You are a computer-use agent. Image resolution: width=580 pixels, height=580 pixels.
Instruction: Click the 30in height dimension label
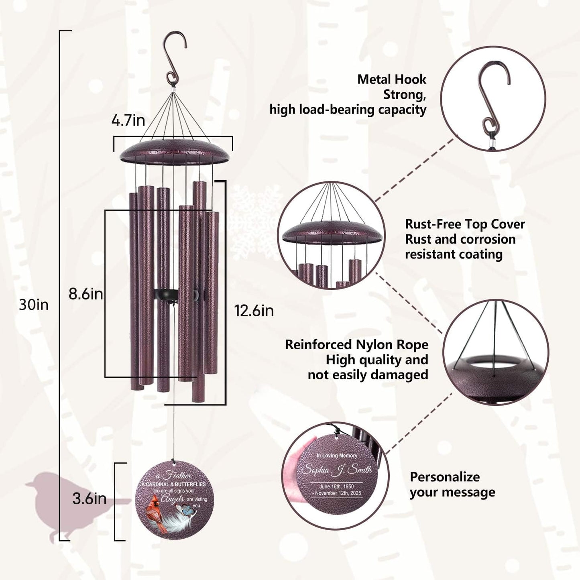point(34,305)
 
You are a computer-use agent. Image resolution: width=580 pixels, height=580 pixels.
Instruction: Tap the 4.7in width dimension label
point(128,120)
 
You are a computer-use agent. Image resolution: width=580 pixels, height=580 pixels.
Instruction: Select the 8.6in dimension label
point(85,294)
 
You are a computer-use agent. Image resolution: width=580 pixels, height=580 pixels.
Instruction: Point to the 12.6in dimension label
point(254,310)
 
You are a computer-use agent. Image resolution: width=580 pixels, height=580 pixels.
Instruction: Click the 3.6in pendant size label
point(89,499)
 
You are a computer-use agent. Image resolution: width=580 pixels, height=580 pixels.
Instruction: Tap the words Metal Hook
point(391,79)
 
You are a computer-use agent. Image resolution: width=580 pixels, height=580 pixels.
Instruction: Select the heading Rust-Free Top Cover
point(464,224)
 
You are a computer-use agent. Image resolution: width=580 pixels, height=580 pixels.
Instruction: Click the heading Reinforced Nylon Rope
point(356,344)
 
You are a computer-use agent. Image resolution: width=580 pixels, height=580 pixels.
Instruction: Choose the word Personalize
point(444,477)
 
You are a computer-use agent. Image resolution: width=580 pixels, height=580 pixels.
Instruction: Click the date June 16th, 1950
point(336,486)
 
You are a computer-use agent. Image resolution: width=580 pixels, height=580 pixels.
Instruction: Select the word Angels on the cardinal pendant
point(173,499)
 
